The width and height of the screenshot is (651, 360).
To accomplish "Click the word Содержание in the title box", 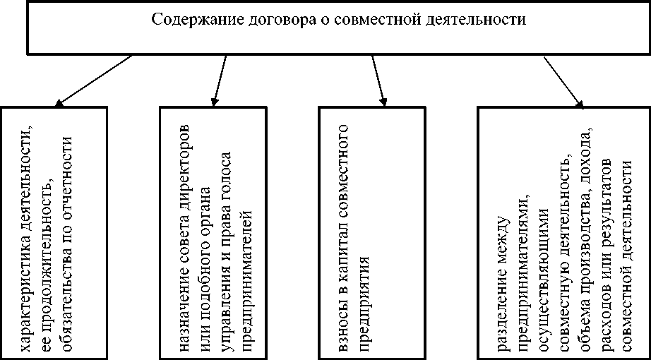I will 186,19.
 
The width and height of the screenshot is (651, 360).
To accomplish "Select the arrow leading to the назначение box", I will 219,80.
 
